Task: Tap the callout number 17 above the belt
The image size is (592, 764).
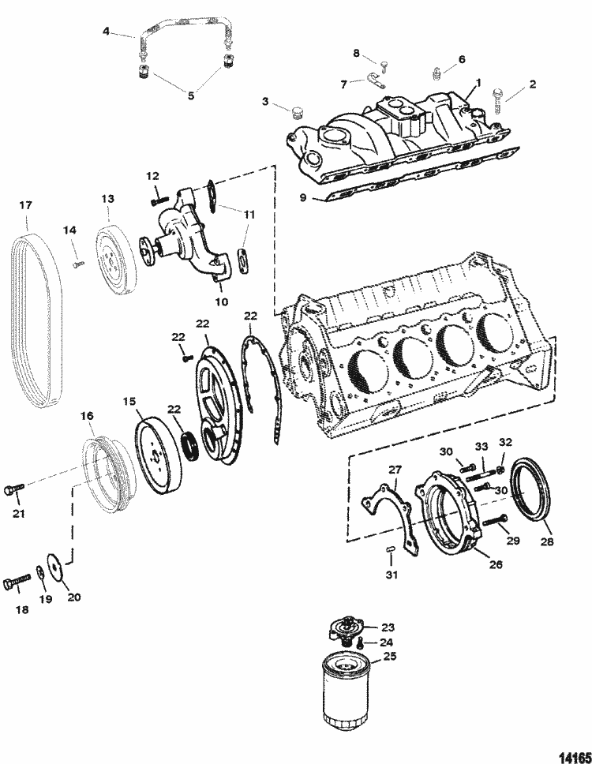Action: [25, 205]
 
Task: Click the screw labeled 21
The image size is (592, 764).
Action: [13, 489]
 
